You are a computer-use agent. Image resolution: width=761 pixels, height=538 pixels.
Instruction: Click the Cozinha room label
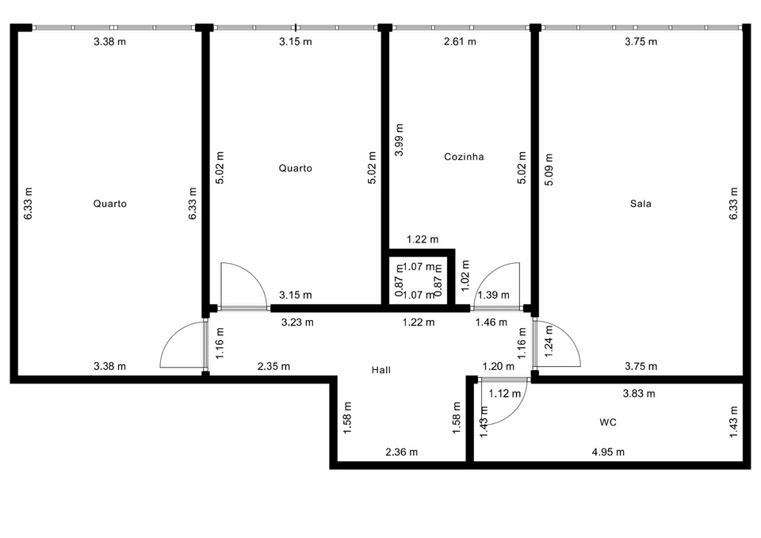464,157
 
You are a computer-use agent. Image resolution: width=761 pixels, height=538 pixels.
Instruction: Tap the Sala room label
641,204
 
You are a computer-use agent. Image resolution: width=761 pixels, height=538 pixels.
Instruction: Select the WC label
608,422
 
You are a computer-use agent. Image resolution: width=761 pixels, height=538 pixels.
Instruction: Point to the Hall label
381,370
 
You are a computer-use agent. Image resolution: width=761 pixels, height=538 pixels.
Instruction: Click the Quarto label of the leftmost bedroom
109,204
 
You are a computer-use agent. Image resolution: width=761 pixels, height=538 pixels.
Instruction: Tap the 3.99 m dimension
400,139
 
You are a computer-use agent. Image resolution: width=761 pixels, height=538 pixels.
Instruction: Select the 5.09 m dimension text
549,169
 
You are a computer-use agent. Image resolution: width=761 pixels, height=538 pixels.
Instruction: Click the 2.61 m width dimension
460,41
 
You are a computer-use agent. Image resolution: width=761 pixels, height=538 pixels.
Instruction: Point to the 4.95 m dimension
608,452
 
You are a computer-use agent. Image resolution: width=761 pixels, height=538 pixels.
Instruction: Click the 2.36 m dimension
401,452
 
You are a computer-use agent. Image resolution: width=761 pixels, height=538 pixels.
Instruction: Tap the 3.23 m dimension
297,322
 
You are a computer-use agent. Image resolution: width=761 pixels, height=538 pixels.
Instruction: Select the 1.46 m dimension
491,322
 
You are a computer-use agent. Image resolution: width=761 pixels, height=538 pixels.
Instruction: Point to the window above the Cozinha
460,29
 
